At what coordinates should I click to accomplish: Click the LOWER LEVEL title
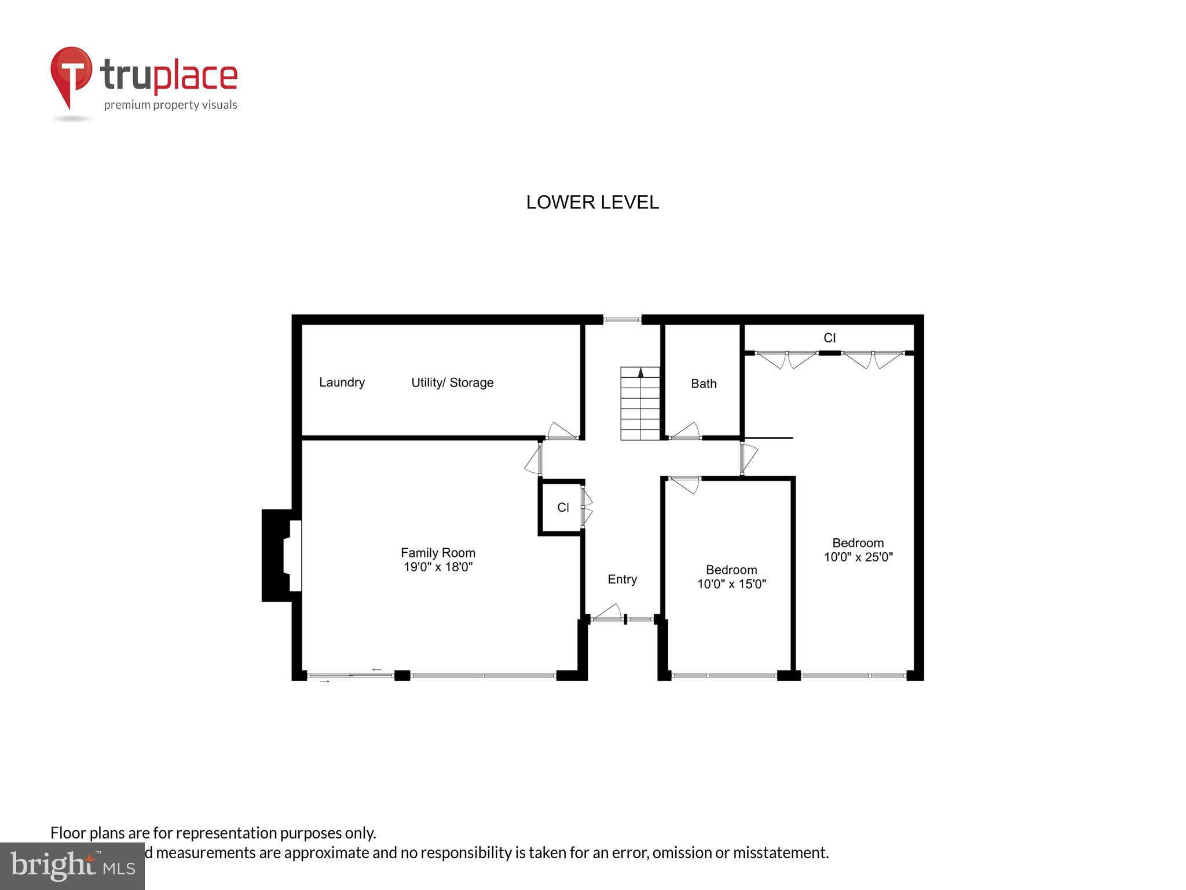point(592,202)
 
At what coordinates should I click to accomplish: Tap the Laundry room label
point(342,382)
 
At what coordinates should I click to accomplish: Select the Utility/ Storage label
point(452,382)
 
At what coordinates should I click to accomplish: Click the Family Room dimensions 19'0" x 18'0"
point(438,567)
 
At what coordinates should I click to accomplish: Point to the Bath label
point(704,384)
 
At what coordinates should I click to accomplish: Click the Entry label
point(622,579)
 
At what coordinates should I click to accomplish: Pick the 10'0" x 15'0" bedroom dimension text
point(731,584)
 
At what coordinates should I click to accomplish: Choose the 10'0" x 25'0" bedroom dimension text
point(858,557)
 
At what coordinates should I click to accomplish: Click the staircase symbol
point(640,403)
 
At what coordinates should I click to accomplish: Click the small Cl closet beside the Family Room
point(562,508)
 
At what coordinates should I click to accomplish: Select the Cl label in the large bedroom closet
point(829,338)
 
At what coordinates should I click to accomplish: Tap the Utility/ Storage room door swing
point(562,431)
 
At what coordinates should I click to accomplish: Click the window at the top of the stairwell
point(622,319)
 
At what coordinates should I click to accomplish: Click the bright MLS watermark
point(72,866)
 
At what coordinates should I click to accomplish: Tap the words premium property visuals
point(170,105)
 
